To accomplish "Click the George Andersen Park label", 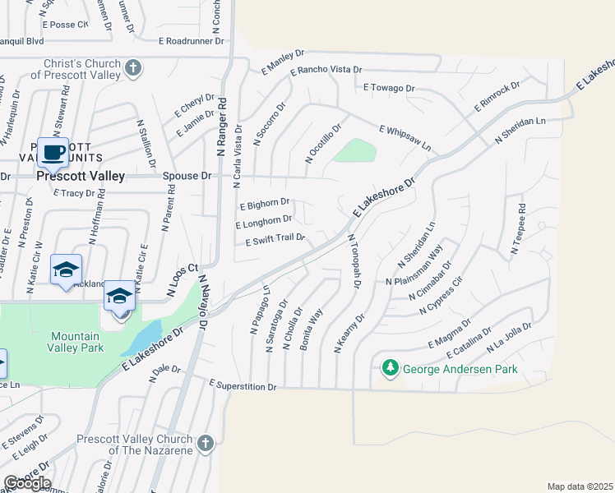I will coord(460,369).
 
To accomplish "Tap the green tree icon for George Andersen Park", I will coord(392,368).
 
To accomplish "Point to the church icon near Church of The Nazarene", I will coord(205,444).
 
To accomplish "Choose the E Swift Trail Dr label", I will coord(275,240).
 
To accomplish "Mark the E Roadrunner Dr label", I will coord(192,39).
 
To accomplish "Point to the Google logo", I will coord(26,483).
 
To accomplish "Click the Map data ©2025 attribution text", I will coord(580,486).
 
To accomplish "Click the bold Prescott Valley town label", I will coord(80,176).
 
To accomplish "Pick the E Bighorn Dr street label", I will coord(264,202).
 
